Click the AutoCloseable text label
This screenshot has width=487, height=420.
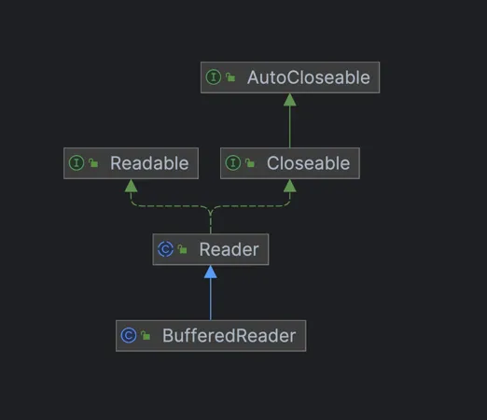(308, 77)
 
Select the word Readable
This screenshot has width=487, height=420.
(149, 163)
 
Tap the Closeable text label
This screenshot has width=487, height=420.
(308, 163)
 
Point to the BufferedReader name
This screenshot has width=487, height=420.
(230, 335)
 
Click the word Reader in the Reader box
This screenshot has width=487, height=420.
(229, 249)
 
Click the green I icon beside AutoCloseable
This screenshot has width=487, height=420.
(214, 77)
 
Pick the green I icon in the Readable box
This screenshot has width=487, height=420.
(77, 163)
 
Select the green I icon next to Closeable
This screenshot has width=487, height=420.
(233, 163)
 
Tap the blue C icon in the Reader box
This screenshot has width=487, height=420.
(165, 249)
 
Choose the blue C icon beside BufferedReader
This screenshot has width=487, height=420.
(129, 335)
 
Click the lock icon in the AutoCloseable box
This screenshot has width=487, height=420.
(230, 78)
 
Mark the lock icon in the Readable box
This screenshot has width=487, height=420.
(93, 164)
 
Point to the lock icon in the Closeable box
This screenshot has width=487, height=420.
(250, 164)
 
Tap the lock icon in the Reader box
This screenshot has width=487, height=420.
(182, 250)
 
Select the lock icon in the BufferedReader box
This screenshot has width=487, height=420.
(146, 336)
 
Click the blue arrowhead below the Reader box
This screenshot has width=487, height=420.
(211, 272)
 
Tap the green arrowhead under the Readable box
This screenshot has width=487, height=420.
(132, 186)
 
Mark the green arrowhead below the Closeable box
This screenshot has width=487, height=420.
(290, 186)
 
